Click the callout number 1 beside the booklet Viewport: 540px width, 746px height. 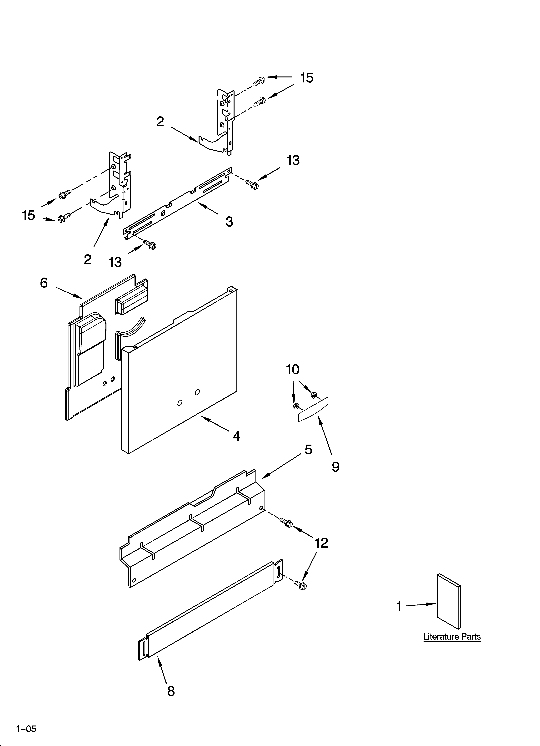coord(399,606)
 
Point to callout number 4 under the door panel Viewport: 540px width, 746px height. coord(236,436)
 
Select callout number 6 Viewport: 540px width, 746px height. coord(44,283)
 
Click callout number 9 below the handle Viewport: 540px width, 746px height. coord(335,466)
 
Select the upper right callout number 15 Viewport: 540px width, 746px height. coord(306,78)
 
